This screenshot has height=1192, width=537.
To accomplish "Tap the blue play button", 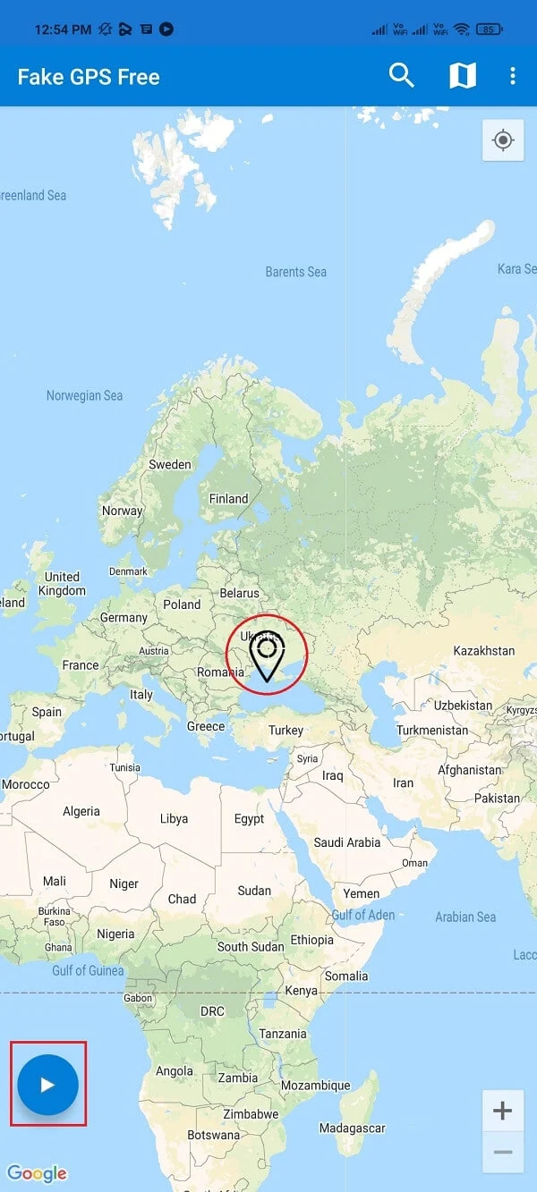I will pos(48,1084).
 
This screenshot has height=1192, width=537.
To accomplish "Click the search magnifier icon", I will pos(402,76).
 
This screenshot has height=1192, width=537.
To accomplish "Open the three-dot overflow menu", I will pos(512,76).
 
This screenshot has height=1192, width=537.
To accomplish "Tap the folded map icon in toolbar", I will pos(462,76).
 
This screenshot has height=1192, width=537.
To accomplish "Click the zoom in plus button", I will pos(502,1112).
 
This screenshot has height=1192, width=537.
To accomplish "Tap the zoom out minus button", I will pos(502,1152).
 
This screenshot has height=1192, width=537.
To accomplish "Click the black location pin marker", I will pos(267,656).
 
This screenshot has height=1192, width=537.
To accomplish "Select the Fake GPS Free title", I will pos(89,77).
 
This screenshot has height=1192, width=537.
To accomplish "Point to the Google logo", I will pos(37,1173).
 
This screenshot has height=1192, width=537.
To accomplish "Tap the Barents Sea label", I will pos(296,272).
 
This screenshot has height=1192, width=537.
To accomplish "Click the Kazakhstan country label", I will pos(484,651).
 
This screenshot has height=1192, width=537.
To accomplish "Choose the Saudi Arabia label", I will pos(346,842).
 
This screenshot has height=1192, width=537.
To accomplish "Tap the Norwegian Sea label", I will pos(84,395).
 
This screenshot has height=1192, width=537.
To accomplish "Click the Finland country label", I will pos(228,499).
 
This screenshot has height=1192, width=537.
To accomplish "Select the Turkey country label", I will pos(286,731).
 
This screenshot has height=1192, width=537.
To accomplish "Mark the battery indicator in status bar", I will pos(488,30).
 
